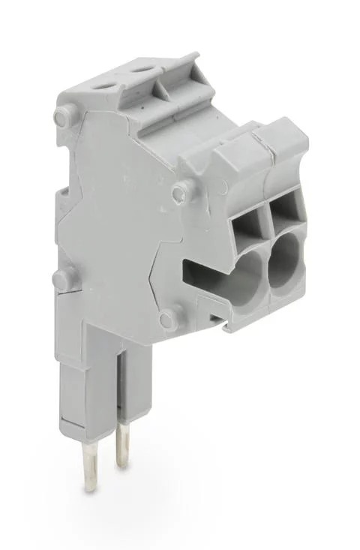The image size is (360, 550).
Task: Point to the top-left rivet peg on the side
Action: [x=62, y=116]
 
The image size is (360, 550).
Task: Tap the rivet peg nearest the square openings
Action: [x=178, y=194]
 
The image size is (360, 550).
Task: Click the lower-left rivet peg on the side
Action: [x=61, y=280]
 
